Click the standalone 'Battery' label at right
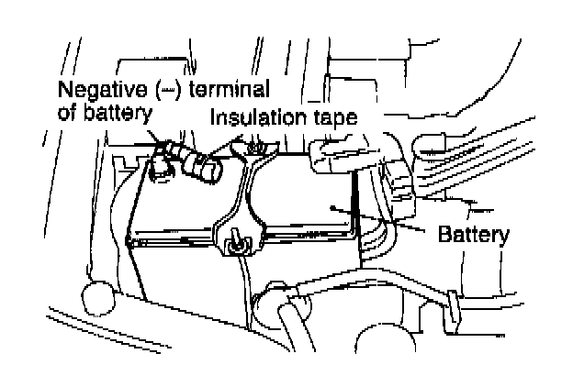(x=475, y=234)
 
